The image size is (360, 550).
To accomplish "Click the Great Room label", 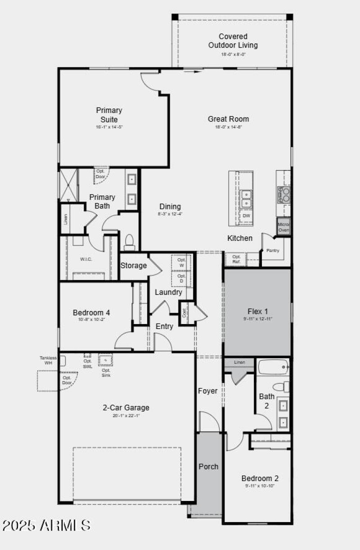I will coord(228,119).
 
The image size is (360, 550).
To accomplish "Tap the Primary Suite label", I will coord(109,115).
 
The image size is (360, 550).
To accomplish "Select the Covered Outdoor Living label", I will coord(233,41).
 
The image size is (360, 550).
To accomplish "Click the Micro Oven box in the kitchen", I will coord(283,227).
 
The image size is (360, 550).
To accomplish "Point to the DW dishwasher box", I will coord(246,216).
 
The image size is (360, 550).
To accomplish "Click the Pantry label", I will coord(273,251).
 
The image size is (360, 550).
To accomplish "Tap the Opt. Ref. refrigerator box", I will coord(236,259).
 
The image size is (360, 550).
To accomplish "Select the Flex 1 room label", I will coord(257,311).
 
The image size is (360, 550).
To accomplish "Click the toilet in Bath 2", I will coord(282,386).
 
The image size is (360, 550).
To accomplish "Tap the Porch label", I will coord(208,466).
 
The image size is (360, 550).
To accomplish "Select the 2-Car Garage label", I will coord(126,408).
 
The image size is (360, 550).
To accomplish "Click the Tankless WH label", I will coord(48,360).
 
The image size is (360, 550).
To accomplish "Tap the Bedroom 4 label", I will coord(91,312).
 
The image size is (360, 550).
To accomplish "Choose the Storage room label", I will coord(133,266).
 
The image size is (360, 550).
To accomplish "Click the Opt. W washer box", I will coord(182,262).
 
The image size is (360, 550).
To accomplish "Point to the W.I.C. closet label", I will coord(86,259).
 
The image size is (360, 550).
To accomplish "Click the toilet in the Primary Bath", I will coord(130,242).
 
